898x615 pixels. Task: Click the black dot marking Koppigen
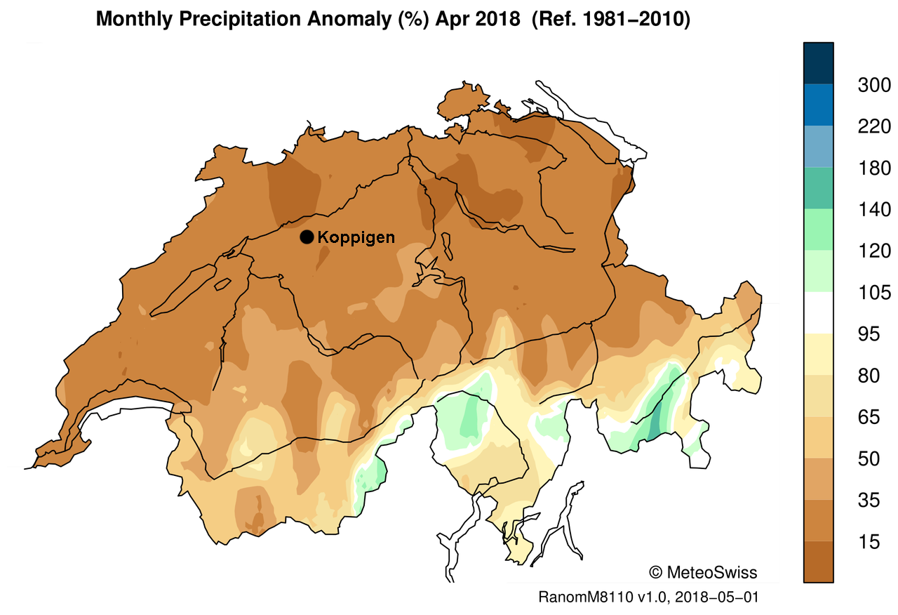307,237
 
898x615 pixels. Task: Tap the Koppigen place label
356,237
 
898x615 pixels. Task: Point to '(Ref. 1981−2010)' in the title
611,19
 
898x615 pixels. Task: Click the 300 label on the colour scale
874,85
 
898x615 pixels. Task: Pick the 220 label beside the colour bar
874,126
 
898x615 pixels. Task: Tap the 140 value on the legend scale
874,209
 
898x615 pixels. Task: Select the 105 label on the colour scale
874,292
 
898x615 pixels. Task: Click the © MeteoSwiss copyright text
703,572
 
